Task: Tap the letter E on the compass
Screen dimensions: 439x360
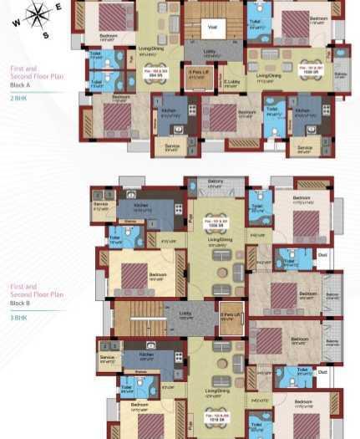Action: [58, 7]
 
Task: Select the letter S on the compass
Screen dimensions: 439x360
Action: [46, 35]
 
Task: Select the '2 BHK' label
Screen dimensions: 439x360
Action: [18, 99]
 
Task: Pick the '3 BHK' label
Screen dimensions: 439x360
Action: [18, 319]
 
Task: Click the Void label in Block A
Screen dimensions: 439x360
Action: [212, 28]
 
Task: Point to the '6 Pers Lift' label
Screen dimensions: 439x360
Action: [197, 73]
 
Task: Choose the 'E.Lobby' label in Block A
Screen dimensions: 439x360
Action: [231, 82]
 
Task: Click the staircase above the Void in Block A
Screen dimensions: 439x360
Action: [213, 10]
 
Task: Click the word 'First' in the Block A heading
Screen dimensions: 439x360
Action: [17, 68]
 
